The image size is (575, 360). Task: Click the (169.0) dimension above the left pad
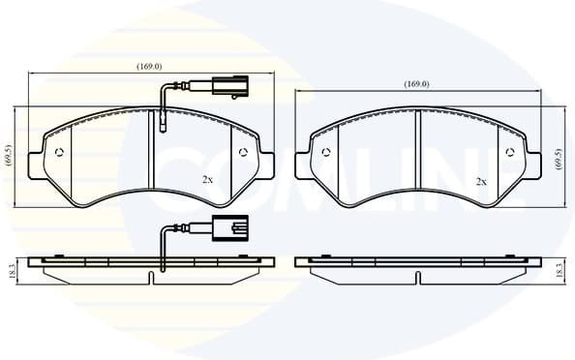coord(148,67)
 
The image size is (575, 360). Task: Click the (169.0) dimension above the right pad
coord(415,85)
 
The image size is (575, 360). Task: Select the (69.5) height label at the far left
coord(8,157)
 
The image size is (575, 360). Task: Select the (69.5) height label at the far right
coord(559,159)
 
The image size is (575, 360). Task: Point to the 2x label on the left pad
coord(207,180)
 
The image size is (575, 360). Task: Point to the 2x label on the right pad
coord(481,181)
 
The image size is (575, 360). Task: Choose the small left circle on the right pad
coord(326,151)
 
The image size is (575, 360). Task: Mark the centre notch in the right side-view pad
coord(416,278)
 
